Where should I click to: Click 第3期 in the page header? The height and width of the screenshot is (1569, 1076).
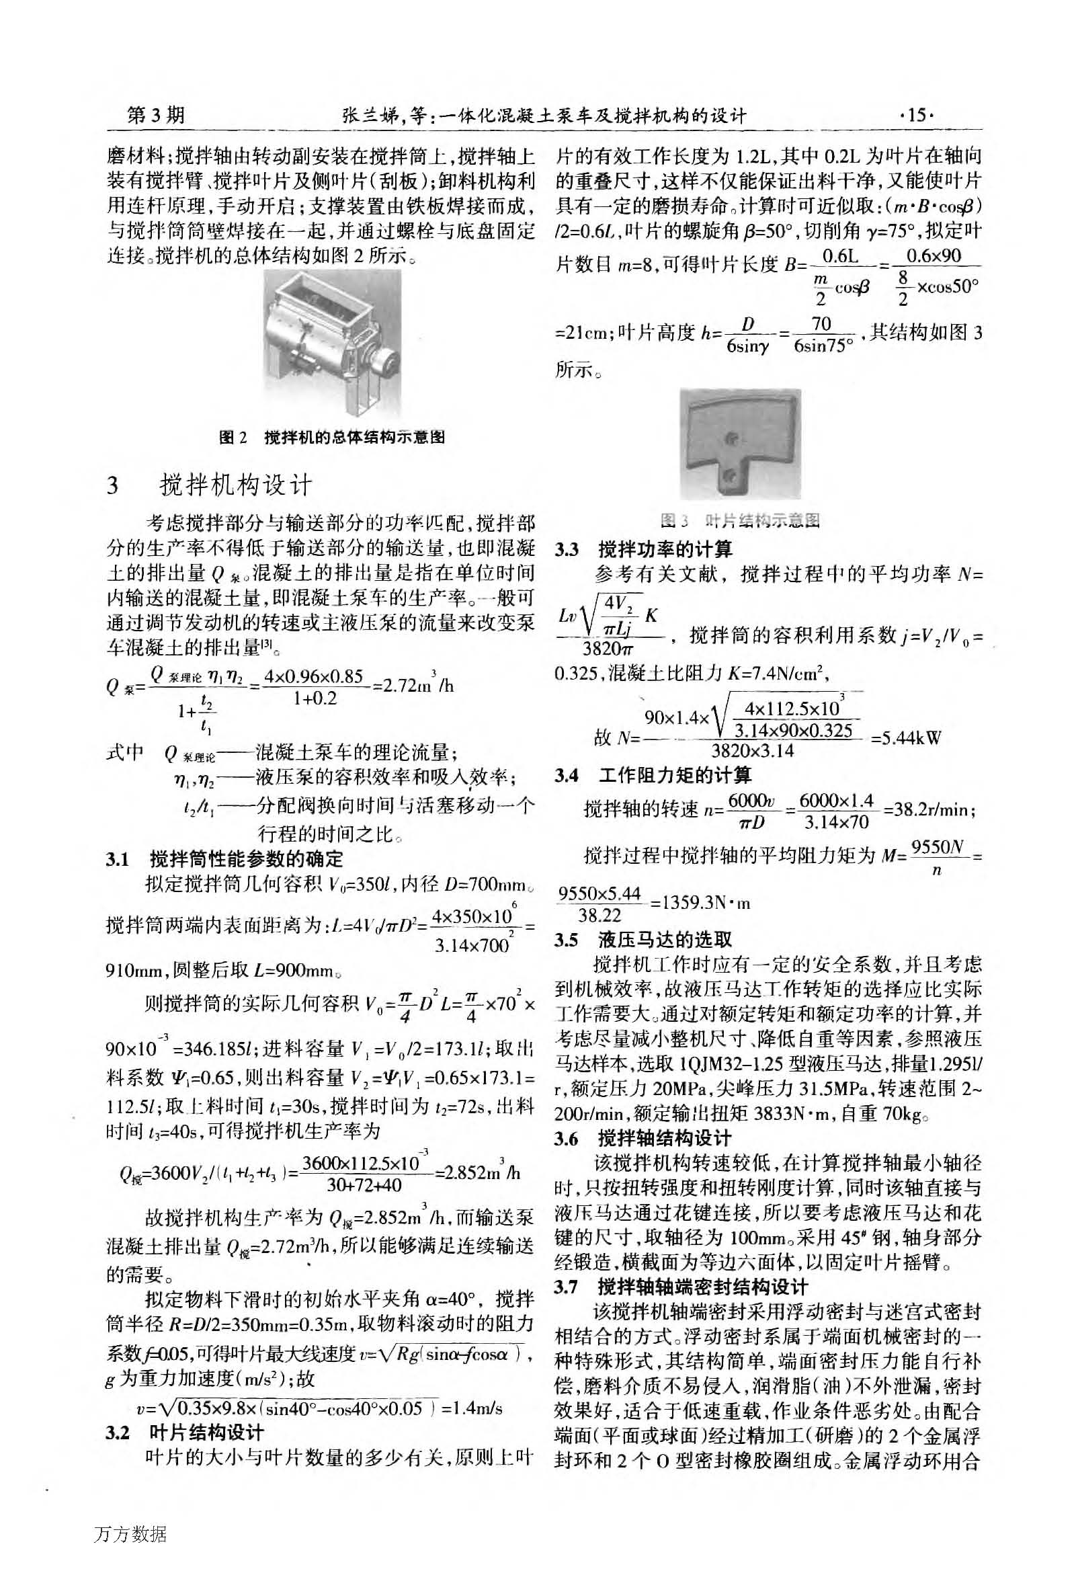click(x=156, y=116)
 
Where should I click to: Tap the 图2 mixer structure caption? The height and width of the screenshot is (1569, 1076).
click(x=331, y=438)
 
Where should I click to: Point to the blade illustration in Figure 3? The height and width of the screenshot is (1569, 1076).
click(x=740, y=444)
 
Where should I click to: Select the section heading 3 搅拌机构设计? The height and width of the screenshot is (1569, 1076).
click(x=210, y=485)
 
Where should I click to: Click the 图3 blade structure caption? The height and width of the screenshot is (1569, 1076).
click(x=740, y=520)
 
